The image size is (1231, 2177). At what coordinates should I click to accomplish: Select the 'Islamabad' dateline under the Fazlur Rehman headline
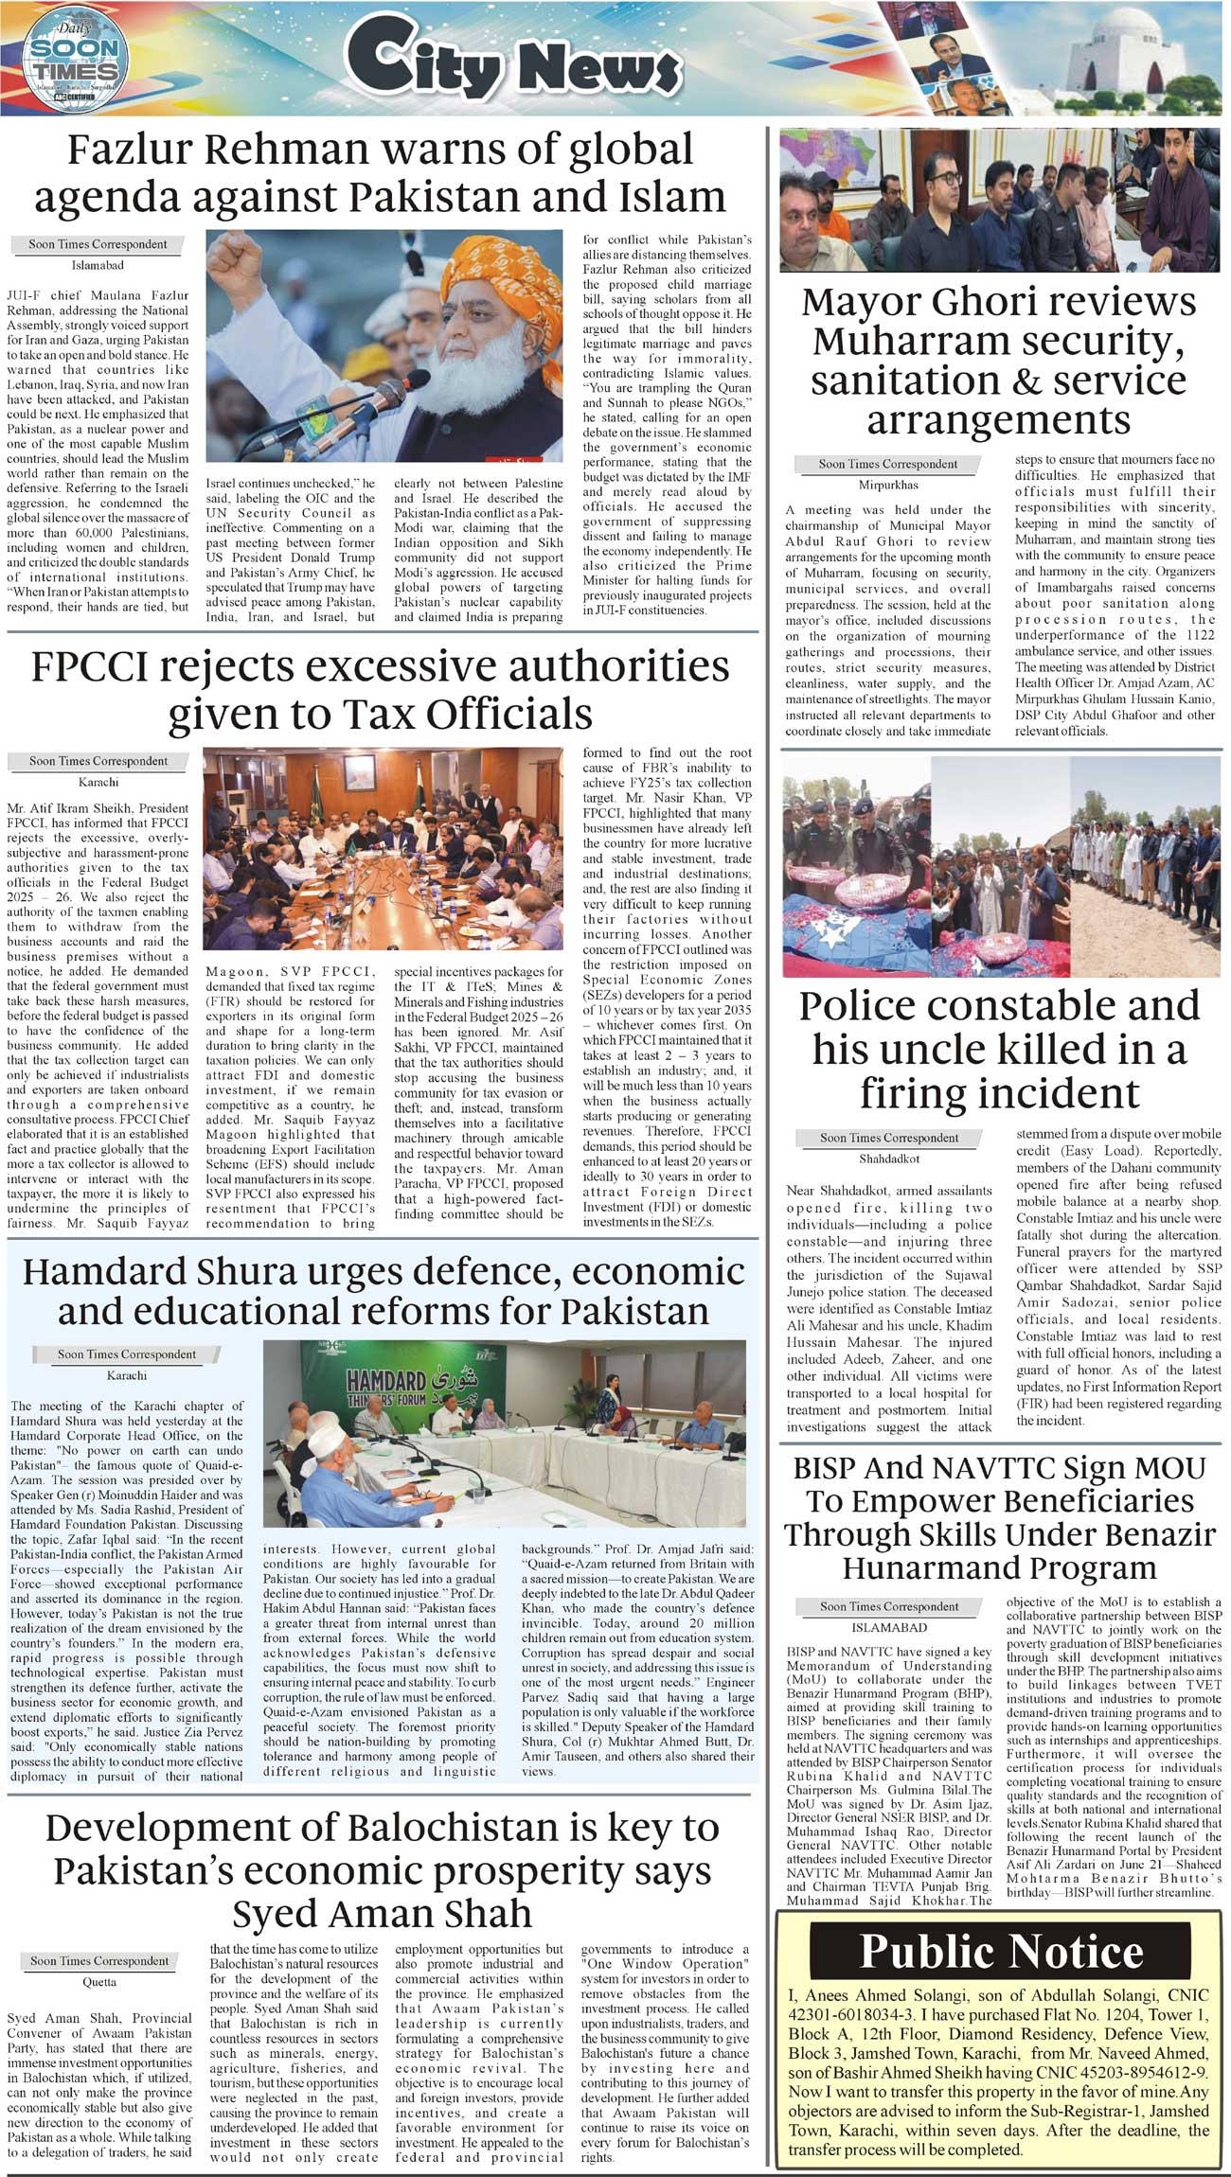pyautogui.click(x=98, y=266)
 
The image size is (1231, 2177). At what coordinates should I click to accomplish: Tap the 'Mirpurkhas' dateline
pyautogui.click(x=888, y=486)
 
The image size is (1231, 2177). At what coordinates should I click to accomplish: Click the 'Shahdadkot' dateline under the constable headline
pyautogui.click(x=889, y=1159)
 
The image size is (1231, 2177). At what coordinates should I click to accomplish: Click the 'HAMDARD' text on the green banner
pyautogui.click(x=386, y=1379)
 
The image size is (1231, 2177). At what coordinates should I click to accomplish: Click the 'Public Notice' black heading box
pyautogui.click(x=1001, y=1953)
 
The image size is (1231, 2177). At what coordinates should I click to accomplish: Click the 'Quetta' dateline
pyautogui.click(x=99, y=1982)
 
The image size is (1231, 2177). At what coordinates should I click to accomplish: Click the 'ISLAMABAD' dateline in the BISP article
pyautogui.click(x=889, y=1627)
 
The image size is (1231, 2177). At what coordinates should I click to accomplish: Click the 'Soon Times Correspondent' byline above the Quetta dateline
pyautogui.click(x=98, y=1960)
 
